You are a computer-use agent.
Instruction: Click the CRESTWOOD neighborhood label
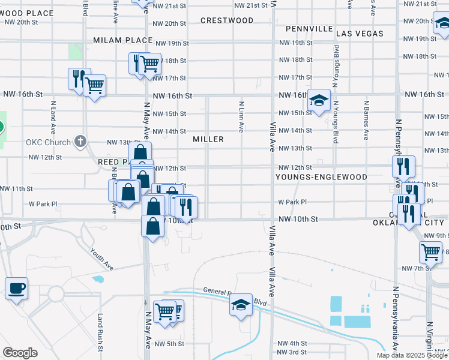coord(227,20)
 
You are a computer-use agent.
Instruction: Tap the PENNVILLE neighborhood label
coord(309,29)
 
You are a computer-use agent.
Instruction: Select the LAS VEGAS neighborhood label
coord(360,34)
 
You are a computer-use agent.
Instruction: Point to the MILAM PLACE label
coord(123,40)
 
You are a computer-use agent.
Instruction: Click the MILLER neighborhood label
coord(208,139)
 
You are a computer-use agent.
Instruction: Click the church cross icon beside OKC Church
coord(81,142)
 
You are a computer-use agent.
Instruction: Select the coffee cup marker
coord(16,289)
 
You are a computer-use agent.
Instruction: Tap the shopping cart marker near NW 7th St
coord(430,253)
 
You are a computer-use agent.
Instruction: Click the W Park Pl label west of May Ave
coord(43,204)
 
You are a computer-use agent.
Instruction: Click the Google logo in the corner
coord(20,353)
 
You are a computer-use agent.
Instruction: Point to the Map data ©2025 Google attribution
coord(412,355)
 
